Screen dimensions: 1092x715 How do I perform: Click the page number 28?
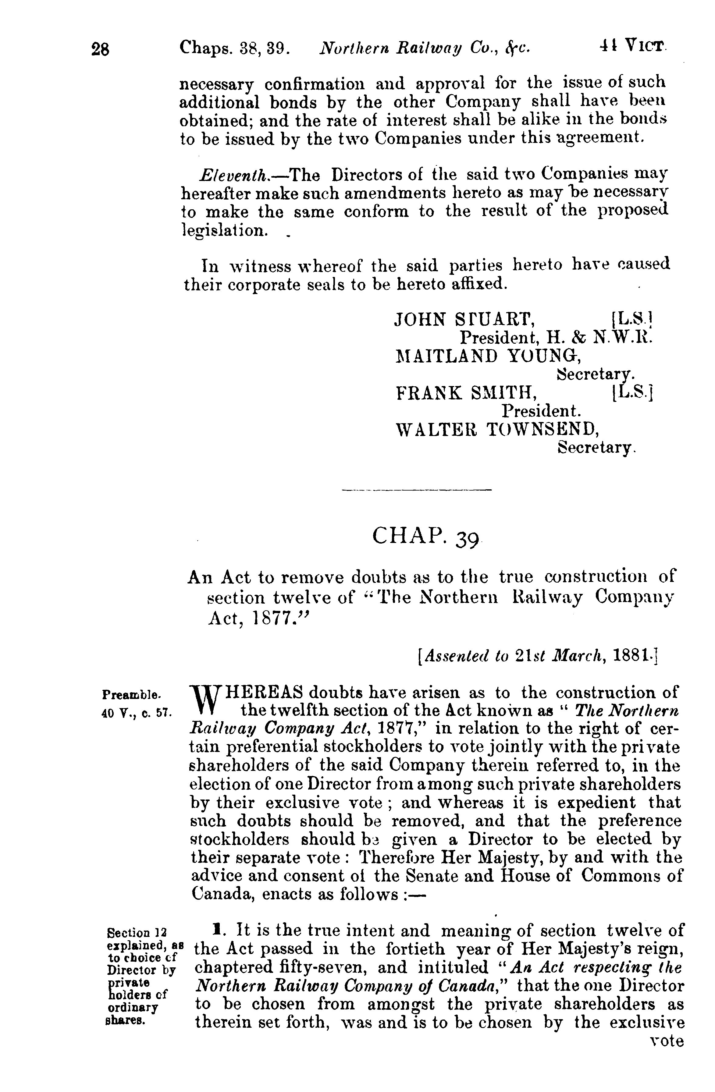(101, 49)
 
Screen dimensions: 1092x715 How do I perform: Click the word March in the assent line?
(572, 657)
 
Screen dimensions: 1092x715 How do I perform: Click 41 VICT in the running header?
(633, 46)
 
